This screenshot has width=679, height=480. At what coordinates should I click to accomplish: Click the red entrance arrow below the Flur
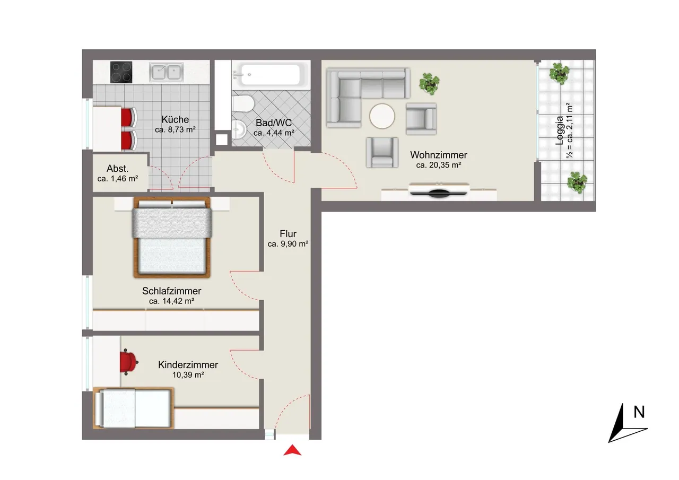[x=292, y=451]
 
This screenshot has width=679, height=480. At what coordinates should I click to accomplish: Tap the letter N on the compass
[x=639, y=413]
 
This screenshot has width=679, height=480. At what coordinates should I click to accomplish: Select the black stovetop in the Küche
[x=121, y=72]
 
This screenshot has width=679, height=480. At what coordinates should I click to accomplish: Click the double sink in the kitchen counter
[x=166, y=73]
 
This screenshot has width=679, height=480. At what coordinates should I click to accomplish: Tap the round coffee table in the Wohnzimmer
[x=382, y=116]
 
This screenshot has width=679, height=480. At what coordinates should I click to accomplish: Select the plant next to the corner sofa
[x=429, y=84]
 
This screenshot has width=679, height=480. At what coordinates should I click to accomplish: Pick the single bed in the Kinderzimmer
[x=133, y=408]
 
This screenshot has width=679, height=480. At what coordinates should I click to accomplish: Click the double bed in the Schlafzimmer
[x=172, y=237]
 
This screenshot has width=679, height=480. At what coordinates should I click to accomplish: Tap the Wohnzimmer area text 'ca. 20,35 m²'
[x=439, y=165]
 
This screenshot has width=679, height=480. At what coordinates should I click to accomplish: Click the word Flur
[x=288, y=234]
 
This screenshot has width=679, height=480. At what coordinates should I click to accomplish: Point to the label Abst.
[x=118, y=169]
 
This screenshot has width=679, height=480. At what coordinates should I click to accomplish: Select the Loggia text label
[x=559, y=130]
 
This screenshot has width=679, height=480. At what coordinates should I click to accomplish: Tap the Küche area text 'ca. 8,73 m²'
[x=175, y=130]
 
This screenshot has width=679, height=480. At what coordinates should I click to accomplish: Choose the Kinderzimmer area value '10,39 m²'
[x=188, y=375]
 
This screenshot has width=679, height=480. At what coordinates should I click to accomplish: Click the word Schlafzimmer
[x=171, y=291]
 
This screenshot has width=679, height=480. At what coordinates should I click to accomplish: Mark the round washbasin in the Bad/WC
[x=239, y=129]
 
